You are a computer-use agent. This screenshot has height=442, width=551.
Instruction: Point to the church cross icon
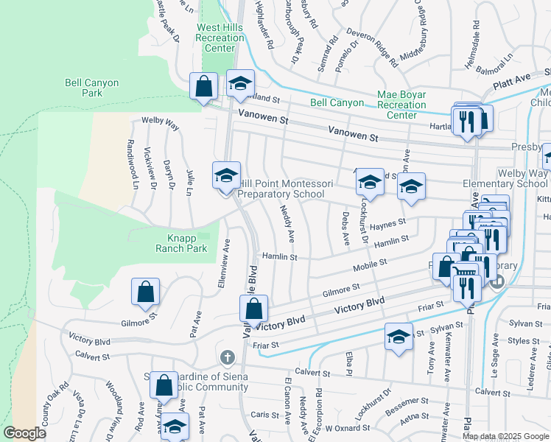pos(227,357)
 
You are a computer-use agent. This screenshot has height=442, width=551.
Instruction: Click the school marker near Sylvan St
pos(399,337)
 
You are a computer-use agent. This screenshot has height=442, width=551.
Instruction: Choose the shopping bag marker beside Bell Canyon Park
pos(203,86)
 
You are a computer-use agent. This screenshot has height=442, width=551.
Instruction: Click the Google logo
pos(24,433)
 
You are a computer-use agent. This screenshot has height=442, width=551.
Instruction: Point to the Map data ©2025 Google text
pos(505,435)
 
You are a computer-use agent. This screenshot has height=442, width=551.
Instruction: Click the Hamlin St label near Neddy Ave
pos(280,257)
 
